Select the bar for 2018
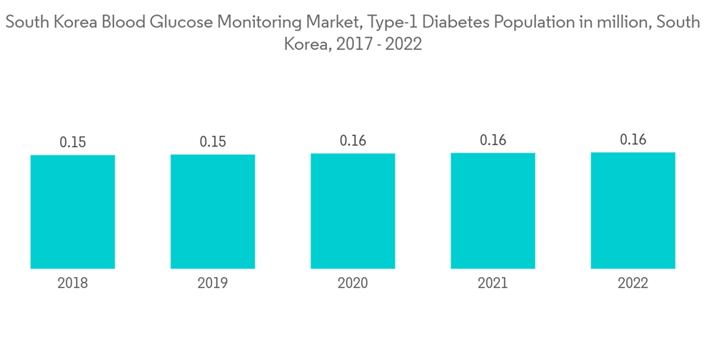73,211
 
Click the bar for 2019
213,211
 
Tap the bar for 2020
353,211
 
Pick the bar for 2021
493,211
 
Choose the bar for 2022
633,210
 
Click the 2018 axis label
73,284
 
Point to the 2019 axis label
213,284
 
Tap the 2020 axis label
353,284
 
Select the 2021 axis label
493,284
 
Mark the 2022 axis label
633,284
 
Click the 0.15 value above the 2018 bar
73,142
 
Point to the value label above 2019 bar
213,142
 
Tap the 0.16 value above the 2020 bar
353,141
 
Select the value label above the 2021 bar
493,141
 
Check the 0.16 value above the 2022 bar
633,140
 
